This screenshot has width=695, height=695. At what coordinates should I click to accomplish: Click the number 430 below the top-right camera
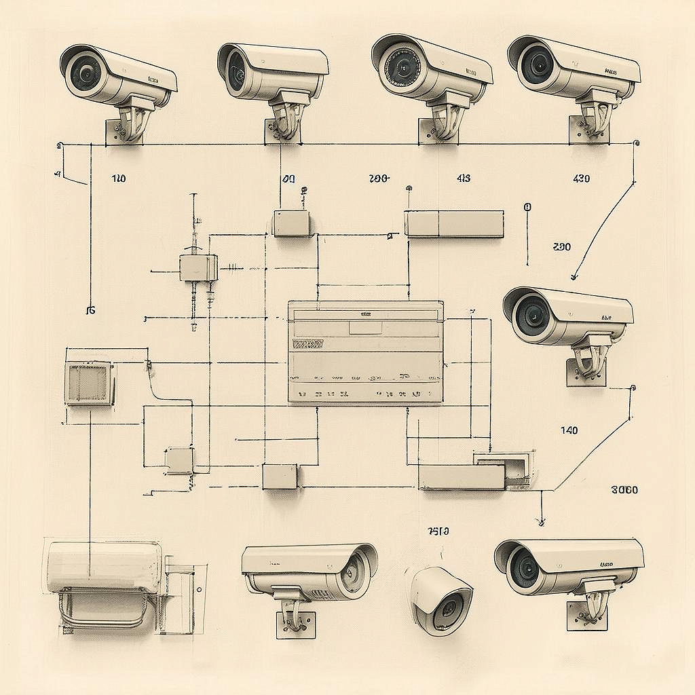coord(581,179)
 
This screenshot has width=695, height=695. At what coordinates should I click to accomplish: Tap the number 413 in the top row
coord(464,179)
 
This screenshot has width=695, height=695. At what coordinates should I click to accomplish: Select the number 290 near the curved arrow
coord(562,247)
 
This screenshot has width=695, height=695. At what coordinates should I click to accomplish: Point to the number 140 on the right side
coord(569,430)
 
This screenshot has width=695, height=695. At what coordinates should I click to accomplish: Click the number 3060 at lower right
coord(624,490)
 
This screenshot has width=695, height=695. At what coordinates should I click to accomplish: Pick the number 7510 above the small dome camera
coord(438,531)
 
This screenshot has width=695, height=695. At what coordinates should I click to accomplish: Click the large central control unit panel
coord(365,352)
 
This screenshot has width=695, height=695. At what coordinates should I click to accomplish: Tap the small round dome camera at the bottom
coord(441,600)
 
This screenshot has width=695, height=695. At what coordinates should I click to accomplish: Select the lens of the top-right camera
coord(540,66)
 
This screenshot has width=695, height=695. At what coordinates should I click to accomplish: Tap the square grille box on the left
coord(89,383)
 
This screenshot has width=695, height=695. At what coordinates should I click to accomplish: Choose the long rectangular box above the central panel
coord(454,224)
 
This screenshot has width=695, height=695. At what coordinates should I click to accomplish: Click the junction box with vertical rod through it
coord(198,267)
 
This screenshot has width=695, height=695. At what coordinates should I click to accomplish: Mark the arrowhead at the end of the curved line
coord(574,276)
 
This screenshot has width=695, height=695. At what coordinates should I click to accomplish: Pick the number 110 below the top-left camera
coord(118,179)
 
